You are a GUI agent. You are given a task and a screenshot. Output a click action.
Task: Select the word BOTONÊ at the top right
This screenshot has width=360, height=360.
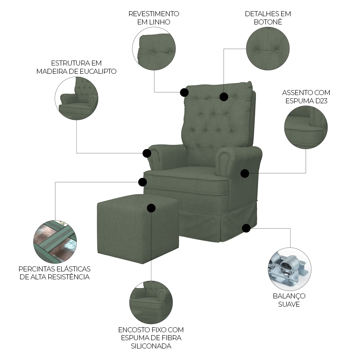tap(268, 22)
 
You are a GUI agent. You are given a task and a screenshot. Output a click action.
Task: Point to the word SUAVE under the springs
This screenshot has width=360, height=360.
tap(289, 304)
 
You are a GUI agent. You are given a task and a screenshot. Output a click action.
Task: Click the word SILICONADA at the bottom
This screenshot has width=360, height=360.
tap(151, 346)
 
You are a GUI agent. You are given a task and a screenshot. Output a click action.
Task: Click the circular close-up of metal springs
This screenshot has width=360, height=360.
tap(289, 269)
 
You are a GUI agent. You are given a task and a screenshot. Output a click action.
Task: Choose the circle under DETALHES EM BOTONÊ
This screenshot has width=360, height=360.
tap(268, 49)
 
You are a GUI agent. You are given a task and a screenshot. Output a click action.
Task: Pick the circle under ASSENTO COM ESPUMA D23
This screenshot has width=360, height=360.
tap(306, 127)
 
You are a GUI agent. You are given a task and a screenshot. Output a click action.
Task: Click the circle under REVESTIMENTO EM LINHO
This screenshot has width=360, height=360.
tap(154, 49)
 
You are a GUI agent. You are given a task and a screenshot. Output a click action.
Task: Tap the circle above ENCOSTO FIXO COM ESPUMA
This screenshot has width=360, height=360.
tap(151, 302)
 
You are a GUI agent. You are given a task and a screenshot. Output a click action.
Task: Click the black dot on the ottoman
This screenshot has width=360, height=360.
tap(151, 208)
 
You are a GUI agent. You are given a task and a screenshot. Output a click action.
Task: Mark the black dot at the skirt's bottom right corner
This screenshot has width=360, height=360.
tap(246, 228)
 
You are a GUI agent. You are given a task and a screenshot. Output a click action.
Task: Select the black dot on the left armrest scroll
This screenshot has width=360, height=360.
tap(147, 153)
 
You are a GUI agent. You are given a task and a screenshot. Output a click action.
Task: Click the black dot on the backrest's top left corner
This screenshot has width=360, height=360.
tap(184, 93)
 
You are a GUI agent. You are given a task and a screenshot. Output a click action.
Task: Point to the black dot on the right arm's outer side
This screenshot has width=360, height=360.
tap(245, 174)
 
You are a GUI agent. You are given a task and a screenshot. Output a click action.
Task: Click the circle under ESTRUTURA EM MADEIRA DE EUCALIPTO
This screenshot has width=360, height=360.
tap(76, 98)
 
